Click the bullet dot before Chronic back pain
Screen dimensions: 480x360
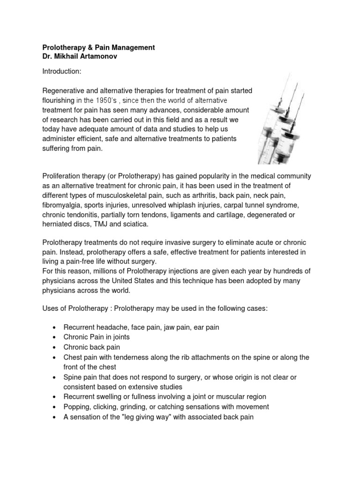[x=55, y=348]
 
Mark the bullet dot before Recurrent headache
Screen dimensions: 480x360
[x=55, y=328]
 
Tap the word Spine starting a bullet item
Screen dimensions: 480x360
[x=73, y=377]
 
